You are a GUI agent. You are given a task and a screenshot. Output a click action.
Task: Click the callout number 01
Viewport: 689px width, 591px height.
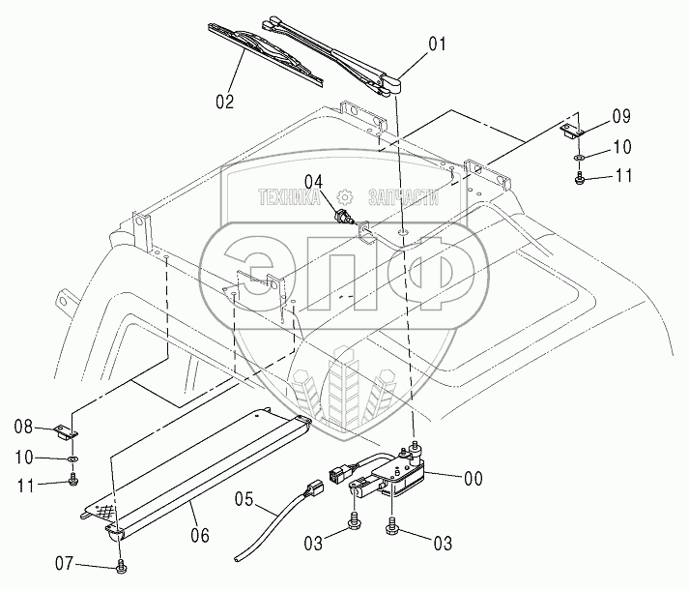click(439, 43)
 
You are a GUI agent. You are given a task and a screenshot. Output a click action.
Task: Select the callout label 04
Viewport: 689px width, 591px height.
click(315, 180)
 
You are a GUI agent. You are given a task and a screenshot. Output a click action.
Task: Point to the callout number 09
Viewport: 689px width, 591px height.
click(621, 116)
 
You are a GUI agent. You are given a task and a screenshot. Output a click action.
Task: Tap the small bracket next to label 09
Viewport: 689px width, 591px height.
click(570, 130)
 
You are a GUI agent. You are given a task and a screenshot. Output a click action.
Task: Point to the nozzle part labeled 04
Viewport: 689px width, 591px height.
click(345, 214)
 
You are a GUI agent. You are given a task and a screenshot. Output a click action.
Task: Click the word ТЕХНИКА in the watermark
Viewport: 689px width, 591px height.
click(291, 196)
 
